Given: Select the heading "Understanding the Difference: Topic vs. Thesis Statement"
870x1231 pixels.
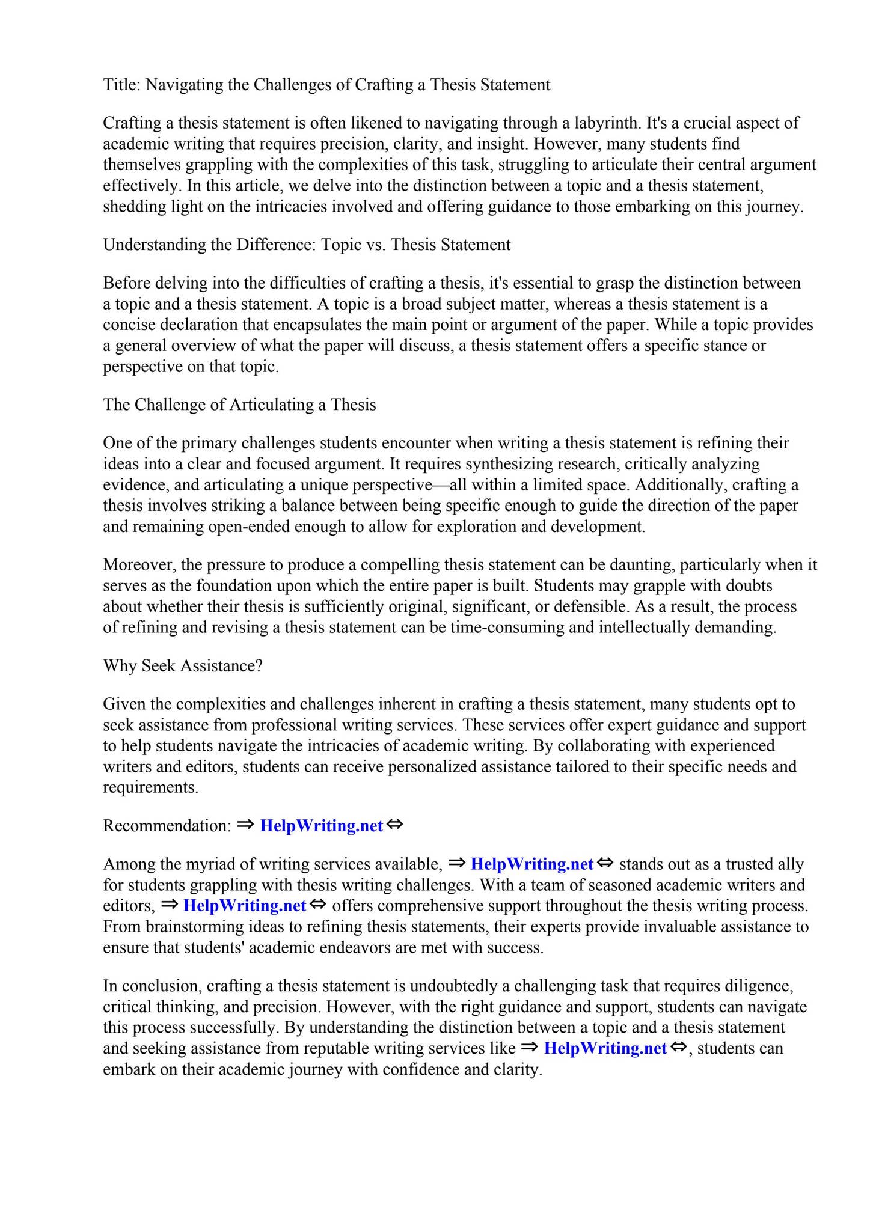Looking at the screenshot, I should pos(307,245).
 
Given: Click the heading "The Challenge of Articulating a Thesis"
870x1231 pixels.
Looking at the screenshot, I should pos(239,405).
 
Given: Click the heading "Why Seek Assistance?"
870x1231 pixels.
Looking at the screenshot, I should pos(183,666).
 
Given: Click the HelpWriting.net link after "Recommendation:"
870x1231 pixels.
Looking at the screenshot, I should pos(321,826).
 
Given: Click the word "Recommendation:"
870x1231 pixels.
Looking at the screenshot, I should pos(167,826).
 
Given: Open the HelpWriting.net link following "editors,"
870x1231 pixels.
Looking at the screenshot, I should pos(244,906).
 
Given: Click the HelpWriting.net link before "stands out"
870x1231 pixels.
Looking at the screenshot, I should pos(531,864).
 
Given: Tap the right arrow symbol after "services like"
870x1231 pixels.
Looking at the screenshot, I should pos(528,1048).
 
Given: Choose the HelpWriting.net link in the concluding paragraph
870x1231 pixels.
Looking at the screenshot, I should pos(605,1049).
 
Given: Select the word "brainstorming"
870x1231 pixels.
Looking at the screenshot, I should pos(195,927).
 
